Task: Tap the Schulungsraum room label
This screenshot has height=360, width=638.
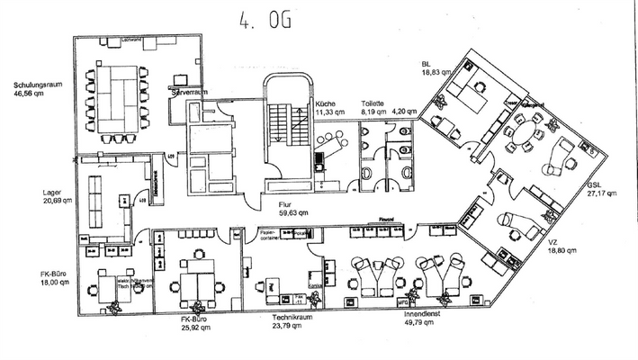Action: point(36,85)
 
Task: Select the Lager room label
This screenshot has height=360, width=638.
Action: point(50,192)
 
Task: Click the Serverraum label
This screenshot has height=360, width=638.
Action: point(190,93)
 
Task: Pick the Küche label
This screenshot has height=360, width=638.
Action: point(325,104)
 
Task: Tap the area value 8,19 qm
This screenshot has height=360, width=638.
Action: point(373,112)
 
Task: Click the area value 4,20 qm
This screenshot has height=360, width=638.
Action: point(405,112)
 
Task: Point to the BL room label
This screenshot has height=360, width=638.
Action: point(426,64)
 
